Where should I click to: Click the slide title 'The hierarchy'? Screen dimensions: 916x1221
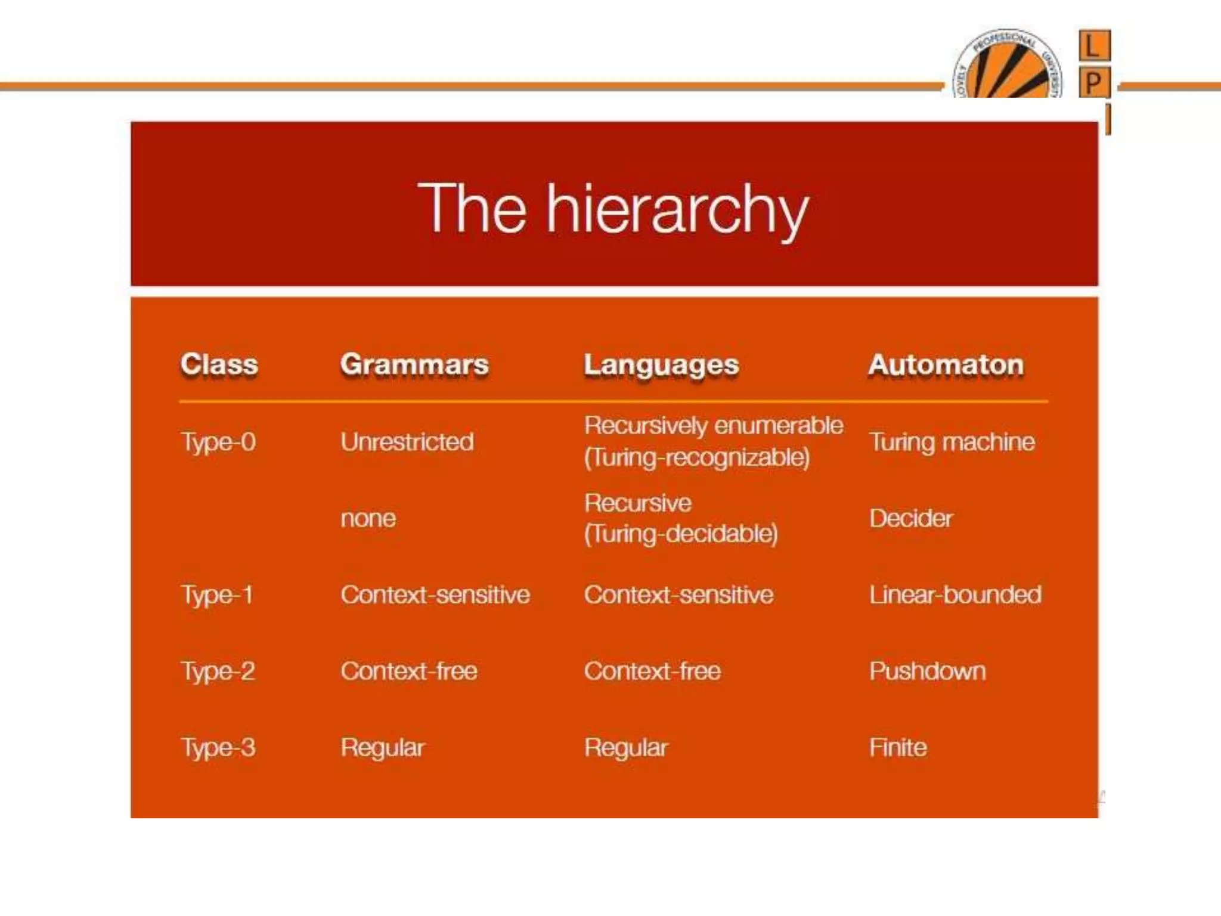613,209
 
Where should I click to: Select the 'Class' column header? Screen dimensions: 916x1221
219,364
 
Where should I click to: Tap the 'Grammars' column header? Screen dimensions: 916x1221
414,364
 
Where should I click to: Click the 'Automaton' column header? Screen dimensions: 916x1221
946,364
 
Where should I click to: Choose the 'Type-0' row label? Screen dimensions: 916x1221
218,442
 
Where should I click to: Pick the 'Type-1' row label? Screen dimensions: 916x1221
217,595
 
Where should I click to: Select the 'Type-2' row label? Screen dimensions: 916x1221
218,671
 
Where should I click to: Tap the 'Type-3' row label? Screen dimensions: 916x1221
218,748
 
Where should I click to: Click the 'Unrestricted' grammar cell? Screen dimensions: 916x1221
407,442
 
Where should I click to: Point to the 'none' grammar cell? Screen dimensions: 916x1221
368,518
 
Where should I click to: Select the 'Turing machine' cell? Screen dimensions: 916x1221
952,442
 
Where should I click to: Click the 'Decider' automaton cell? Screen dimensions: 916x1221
910,518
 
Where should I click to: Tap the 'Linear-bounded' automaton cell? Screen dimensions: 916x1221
955,595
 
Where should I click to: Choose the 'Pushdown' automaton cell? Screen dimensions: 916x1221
927,671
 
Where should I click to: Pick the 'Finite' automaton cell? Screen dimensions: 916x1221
898,748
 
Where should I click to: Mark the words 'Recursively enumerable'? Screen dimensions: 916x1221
714,426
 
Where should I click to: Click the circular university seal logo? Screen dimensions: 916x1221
1007,64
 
